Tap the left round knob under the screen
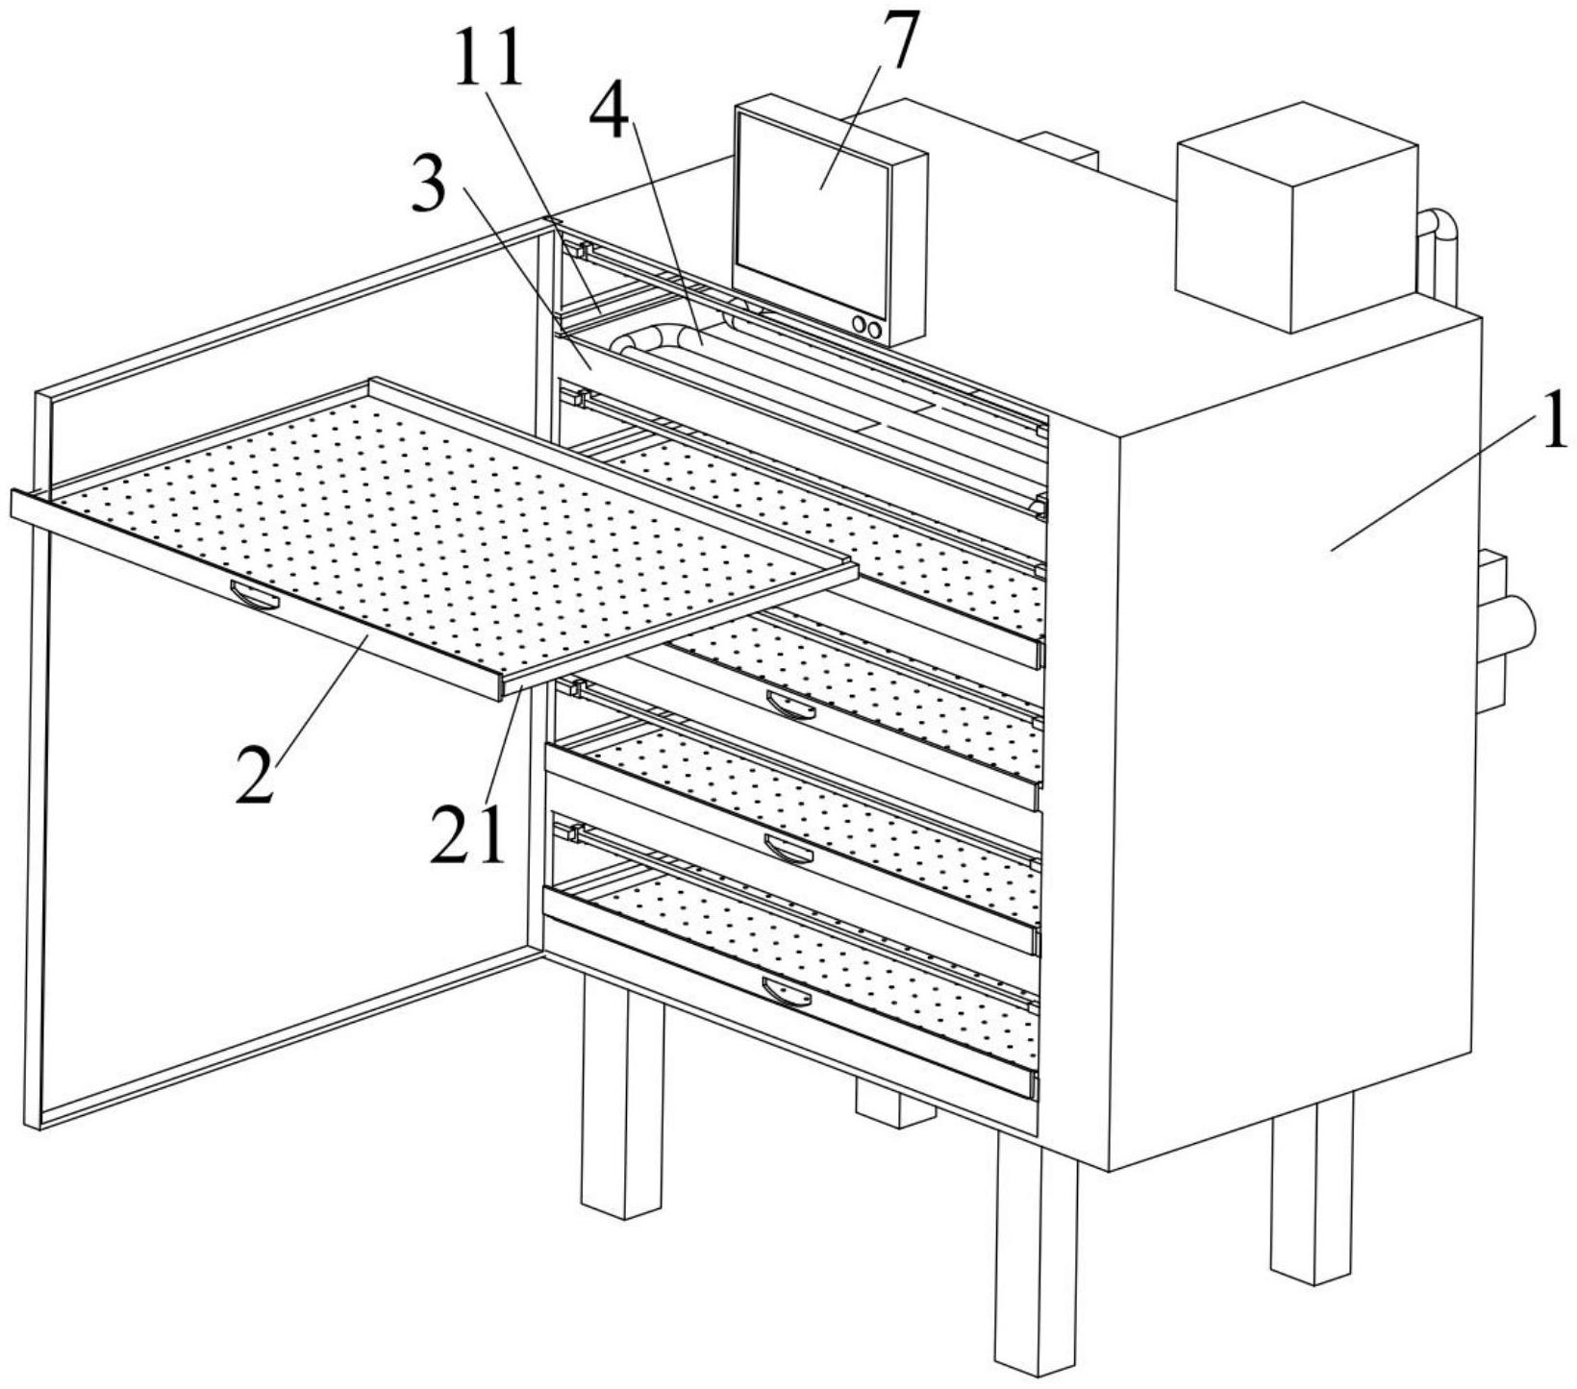pyautogui.click(x=858, y=326)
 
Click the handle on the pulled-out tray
pyautogui.click(x=255, y=596)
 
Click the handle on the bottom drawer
pyautogui.click(x=787, y=991)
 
